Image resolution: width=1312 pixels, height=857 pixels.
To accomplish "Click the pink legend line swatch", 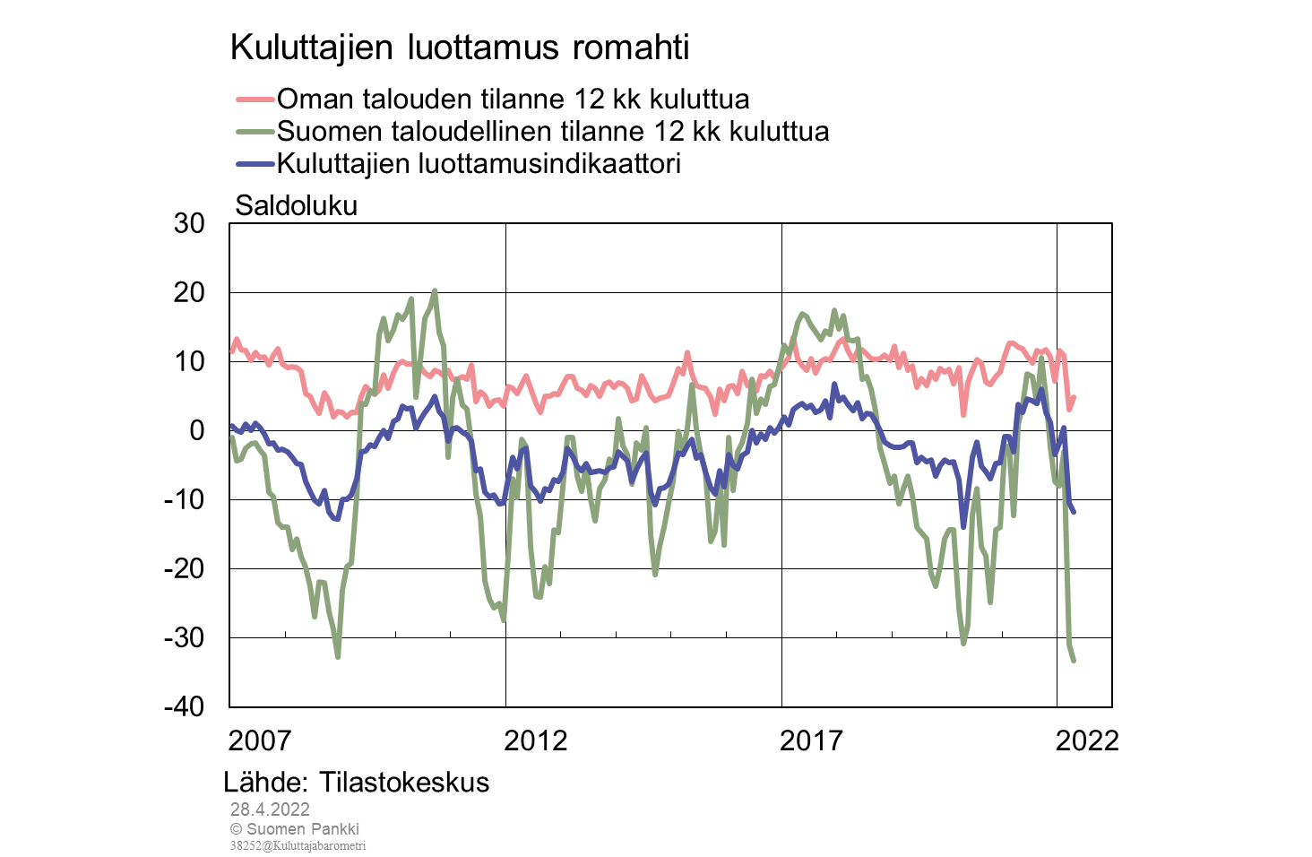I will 255,100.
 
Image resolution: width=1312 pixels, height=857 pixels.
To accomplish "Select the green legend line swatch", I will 255,132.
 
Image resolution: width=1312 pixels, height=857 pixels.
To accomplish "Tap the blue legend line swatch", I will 255,164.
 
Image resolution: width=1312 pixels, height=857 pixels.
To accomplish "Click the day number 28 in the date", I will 239,809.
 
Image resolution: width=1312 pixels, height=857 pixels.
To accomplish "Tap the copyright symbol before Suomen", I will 236,829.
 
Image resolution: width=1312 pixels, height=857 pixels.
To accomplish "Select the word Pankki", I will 335,829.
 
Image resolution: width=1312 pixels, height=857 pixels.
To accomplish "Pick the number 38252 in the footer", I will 245,845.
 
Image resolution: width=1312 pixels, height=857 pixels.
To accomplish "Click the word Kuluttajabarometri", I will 318,845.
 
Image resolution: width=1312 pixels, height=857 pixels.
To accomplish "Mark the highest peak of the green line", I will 435,290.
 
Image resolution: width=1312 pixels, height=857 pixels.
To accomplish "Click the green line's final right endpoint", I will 1074,661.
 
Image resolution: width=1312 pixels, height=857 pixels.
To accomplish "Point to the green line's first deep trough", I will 338,657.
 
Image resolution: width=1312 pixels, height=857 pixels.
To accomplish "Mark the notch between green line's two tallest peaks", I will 417,394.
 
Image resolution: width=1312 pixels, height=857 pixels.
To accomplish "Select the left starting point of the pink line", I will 232,351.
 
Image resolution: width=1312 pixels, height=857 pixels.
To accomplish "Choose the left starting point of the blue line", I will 232,425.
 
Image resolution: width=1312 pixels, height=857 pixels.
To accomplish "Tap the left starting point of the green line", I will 232,437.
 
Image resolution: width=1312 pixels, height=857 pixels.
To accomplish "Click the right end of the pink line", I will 1074,397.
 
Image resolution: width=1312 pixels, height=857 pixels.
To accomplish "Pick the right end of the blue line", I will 1074,512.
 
